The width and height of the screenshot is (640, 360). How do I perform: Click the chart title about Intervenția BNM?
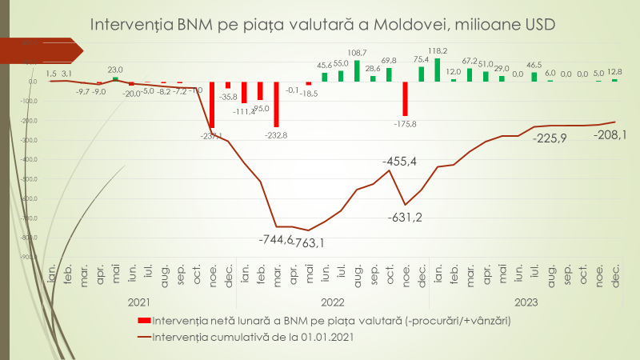coord(322,25)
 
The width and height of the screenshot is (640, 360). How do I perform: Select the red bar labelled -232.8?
coord(276,103)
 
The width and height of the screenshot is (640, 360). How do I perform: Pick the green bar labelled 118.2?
coord(438,70)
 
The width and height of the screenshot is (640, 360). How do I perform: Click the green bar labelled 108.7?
coord(357,70)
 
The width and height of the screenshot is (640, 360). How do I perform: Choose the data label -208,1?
coord(610,134)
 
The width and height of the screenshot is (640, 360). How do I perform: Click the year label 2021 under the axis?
coord(139,302)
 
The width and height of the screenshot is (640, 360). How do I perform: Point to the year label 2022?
coord(333,302)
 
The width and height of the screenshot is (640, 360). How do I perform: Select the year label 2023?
coord(526,302)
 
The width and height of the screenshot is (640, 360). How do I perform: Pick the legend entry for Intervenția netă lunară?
coord(330,320)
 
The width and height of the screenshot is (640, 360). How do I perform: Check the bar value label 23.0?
coord(115,70)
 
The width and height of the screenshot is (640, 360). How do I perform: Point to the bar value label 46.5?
coord(534,65)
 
